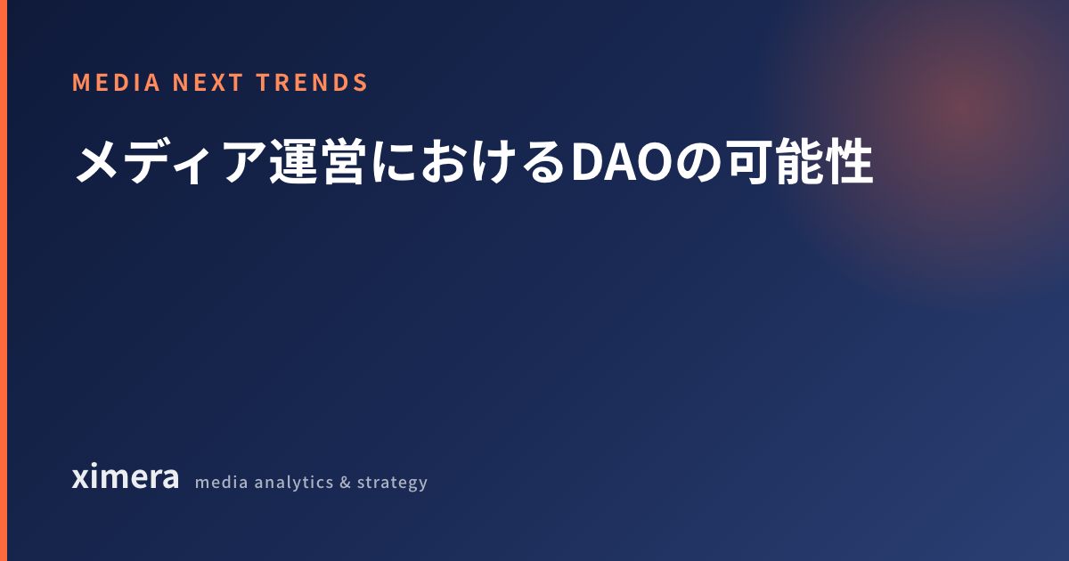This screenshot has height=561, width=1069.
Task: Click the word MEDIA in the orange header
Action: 116,83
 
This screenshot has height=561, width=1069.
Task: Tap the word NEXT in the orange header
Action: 208,83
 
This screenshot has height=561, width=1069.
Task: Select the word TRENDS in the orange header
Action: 312,83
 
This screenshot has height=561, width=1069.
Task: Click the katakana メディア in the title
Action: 170,162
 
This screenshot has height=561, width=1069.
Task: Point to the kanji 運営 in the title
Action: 318,162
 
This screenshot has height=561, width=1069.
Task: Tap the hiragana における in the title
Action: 469,162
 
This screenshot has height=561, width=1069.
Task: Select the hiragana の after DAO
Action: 698,162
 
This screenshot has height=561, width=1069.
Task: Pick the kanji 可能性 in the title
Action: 799,162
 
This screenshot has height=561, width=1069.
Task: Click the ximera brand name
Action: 126,476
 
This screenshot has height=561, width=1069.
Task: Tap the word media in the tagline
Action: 222,483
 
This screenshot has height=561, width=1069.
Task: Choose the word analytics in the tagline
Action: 294,483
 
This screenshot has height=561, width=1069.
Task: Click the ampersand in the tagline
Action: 345,483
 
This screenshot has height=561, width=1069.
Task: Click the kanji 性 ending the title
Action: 850,162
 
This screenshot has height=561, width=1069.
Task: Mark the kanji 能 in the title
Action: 800,162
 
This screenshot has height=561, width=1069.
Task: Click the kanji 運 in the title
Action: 293,162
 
